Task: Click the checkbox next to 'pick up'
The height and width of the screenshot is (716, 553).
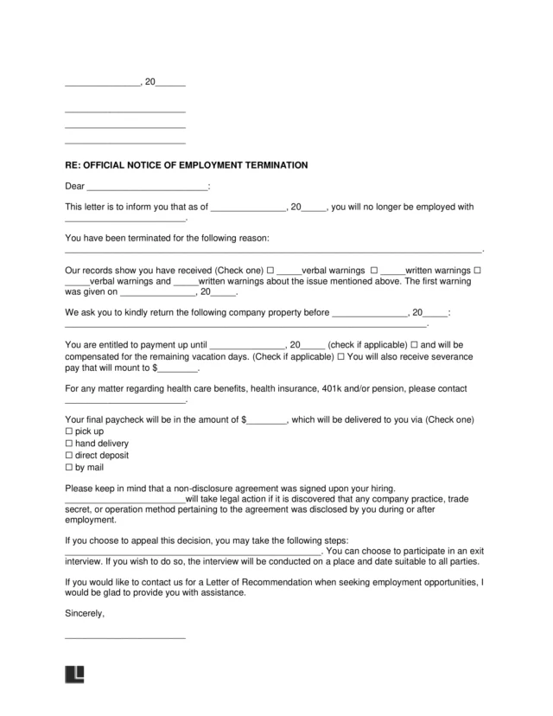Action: point(69,431)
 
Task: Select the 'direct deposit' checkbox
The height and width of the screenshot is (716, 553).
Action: point(69,455)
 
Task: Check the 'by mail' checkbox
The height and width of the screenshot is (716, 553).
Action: point(69,467)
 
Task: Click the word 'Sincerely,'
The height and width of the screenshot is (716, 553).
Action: point(85,613)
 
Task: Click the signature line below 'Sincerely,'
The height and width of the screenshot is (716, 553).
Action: point(125,637)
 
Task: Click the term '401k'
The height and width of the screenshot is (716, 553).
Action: point(356,388)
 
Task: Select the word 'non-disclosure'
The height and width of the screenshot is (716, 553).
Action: point(228,489)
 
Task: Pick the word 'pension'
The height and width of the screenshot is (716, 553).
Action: point(412,388)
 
